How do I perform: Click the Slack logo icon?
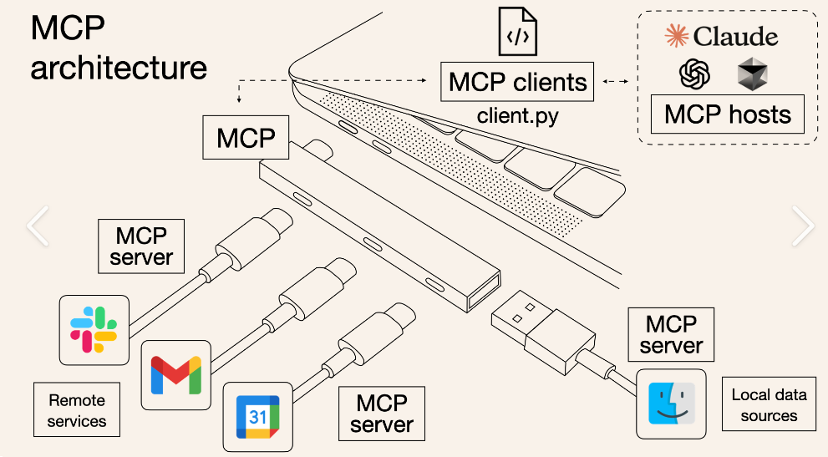point(94,328)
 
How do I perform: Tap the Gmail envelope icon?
point(175,374)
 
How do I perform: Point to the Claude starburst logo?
point(677,35)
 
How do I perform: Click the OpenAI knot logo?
point(694,75)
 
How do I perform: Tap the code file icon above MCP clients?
point(517,31)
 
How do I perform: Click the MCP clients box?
point(517,82)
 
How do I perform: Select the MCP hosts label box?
point(727,114)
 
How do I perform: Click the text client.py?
point(517,115)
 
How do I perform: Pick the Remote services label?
point(77,410)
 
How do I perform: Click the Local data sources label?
point(769,405)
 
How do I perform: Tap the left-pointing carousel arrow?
point(38,226)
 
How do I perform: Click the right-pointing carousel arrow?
point(802,226)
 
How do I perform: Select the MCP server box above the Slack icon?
point(141,246)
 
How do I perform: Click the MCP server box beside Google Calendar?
point(381,414)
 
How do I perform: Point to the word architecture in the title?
point(119,67)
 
